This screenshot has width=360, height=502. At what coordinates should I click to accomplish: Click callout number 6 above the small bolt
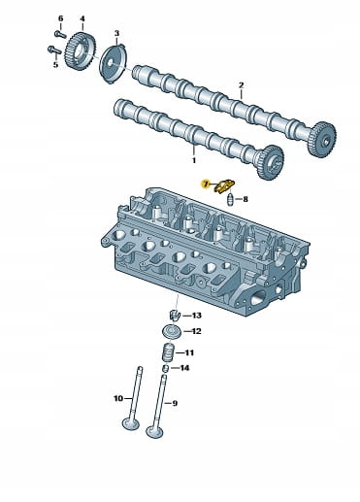[x=60, y=18]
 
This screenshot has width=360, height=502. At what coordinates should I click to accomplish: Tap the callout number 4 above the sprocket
[x=82, y=18]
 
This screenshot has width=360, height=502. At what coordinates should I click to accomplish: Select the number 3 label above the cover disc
[x=116, y=33]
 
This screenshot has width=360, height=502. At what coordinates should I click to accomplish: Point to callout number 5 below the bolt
[x=55, y=65]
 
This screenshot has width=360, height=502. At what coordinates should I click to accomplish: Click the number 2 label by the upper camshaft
[x=242, y=85]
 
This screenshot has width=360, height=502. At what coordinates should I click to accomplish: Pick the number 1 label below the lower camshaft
[x=194, y=160]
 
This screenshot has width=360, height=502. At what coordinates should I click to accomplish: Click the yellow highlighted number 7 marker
[x=205, y=184]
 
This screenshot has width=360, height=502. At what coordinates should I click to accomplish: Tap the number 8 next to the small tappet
[x=245, y=199]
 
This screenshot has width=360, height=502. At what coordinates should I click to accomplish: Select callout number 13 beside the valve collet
[x=197, y=316]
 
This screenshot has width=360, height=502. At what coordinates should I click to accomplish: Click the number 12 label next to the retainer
[x=196, y=331]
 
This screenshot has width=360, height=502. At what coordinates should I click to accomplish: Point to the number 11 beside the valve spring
[x=189, y=352]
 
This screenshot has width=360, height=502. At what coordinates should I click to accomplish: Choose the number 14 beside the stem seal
[x=184, y=368]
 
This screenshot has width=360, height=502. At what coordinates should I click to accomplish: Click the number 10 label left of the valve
[x=118, y=398]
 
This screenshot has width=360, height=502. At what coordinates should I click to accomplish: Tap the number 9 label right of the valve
[x=175, y=403]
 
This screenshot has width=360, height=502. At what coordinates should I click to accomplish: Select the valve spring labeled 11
[x=169, y=352]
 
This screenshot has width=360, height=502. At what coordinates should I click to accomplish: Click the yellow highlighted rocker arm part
[x=224, y=186]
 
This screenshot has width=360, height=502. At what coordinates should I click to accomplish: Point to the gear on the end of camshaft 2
[x=321, y=140]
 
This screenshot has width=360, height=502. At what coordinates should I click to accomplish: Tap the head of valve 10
[x=131, y=423]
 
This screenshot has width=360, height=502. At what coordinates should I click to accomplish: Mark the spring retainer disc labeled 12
[x=171, y=332]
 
